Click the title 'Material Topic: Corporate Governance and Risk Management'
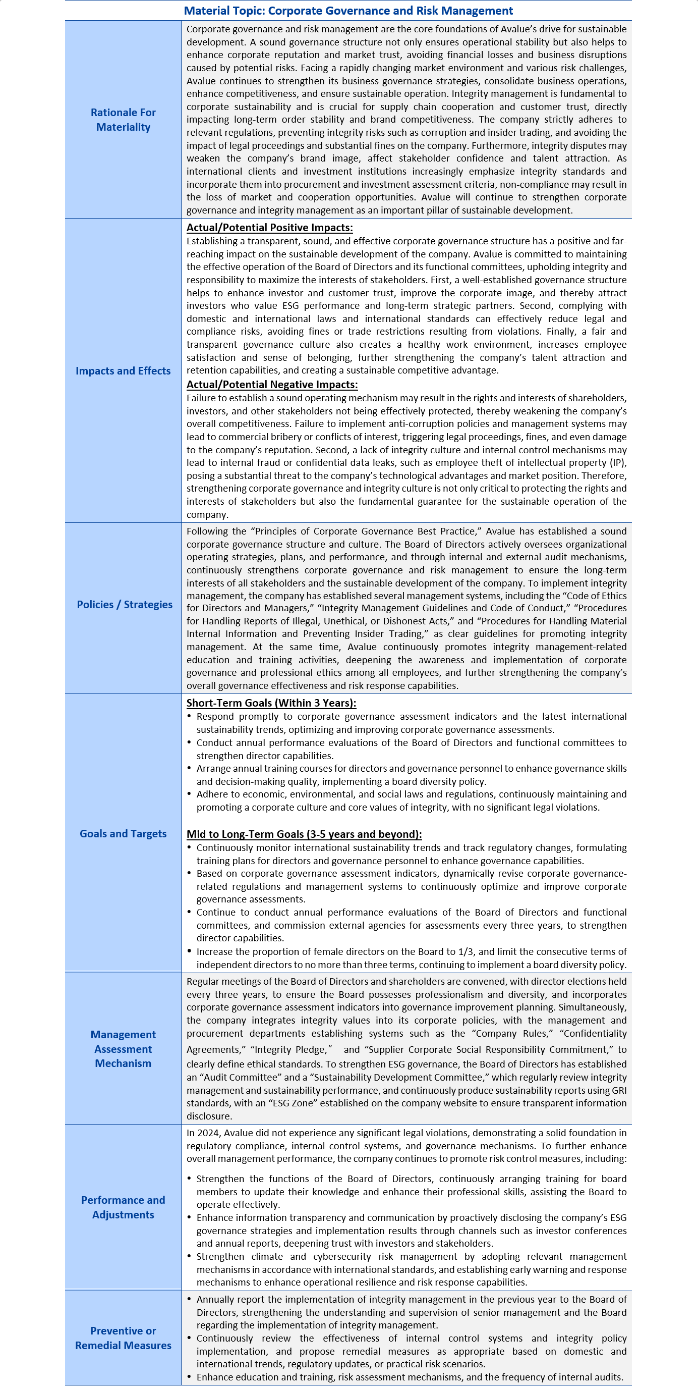tap(348, 11)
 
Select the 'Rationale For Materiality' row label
tap(123, 120)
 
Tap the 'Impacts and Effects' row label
tap(123, 371)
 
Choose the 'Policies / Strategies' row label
tap(125, 605)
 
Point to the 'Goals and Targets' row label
tap(123, 834)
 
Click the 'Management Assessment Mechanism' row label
tap(123, 1049)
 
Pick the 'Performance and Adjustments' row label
tap(123, 1207)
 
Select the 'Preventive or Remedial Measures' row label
tap(123, 1338)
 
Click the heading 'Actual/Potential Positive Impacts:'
tap(269, 228)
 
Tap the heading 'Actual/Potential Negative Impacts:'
tap(272, 385)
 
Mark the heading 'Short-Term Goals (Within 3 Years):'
tap(271, 703)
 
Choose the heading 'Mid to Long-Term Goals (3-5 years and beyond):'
tap(304, 834)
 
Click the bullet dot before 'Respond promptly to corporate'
tap(189, 716)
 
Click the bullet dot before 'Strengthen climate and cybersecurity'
tap(189, 1256)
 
